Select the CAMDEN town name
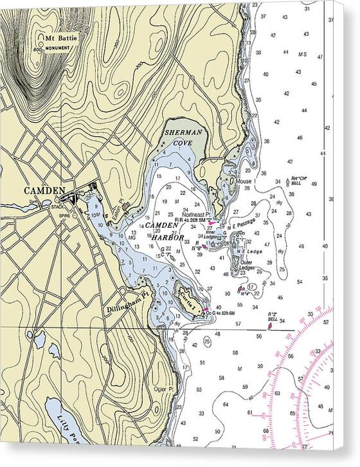(x=44, y=190)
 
